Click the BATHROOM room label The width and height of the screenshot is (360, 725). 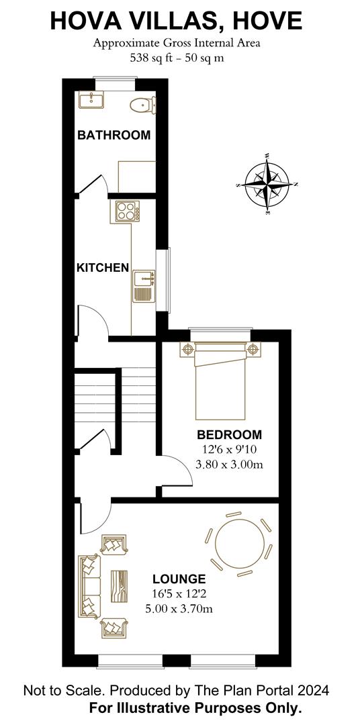[114, 135]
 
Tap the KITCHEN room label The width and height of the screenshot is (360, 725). [102, 268]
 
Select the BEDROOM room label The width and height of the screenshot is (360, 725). [229, 434]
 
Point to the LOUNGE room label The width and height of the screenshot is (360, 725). [179, 579]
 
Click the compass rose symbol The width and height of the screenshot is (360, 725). [267, 184]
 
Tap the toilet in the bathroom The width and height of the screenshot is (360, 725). [142, 105]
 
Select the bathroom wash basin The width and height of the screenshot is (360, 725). [91, 99]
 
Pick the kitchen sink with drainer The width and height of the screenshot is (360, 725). [144, 287]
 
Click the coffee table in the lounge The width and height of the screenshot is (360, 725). [119, 586]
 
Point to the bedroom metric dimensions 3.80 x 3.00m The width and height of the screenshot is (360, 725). [230, 465]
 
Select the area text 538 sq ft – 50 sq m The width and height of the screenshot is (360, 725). [177, 58]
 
